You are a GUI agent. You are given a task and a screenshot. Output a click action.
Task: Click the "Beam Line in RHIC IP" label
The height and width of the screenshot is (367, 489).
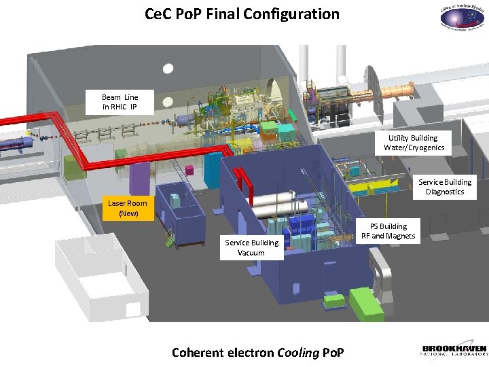tap(120, 102)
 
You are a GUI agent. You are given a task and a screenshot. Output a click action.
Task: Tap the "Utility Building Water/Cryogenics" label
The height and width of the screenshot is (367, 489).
tap(414, 143)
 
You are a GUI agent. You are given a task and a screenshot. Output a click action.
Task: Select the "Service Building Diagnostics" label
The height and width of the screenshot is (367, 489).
tap(445, 187)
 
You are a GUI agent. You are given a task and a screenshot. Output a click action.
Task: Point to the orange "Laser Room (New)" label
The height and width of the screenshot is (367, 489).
tap(128, 209)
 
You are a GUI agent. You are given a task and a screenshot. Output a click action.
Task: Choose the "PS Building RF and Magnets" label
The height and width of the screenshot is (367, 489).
tap(388, 231)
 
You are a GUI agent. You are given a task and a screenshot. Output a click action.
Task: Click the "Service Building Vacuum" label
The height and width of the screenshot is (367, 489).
tap(251, 247)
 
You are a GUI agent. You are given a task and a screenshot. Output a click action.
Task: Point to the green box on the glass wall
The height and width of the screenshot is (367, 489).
tap(69, 166)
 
